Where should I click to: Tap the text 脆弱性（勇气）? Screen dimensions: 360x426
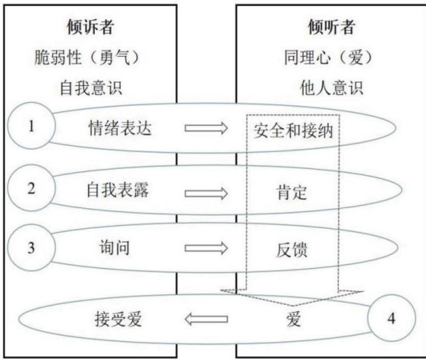pyautogui.click(x=88, y=58)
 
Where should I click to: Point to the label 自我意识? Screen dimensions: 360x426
pyautogui.click(x=88, y=87)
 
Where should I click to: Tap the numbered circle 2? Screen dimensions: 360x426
pyautogui.click(x=31, y=188)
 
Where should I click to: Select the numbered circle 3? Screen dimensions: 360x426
pyautogui.click(x=31, y=248)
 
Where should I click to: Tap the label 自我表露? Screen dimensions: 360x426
pyautogui.click(x=120, y=190)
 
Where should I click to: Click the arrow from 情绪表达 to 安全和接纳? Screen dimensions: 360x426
pyautogui.click(x=206, y=128)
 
